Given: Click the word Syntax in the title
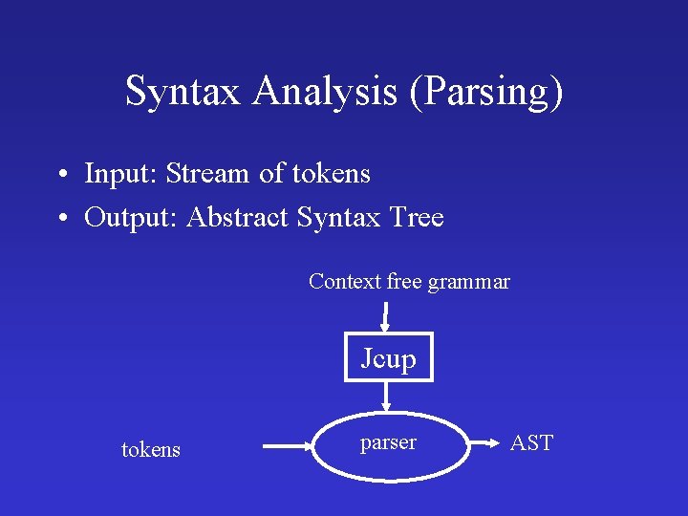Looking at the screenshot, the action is coord(185,93).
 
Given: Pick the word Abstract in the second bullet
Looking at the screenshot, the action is coord(238,218).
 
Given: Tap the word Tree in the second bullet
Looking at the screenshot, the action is coord(417,218).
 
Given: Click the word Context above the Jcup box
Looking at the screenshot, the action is coord(344,282).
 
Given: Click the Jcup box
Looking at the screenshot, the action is coord(388,357).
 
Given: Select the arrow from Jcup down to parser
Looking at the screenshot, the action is coord(387,396).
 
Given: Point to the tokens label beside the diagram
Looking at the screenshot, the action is coord(151,449).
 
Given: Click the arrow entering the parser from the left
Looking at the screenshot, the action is coord(287,444).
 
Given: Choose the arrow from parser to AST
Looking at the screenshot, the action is coord(486,444).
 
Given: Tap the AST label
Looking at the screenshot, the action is coord(531,443).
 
